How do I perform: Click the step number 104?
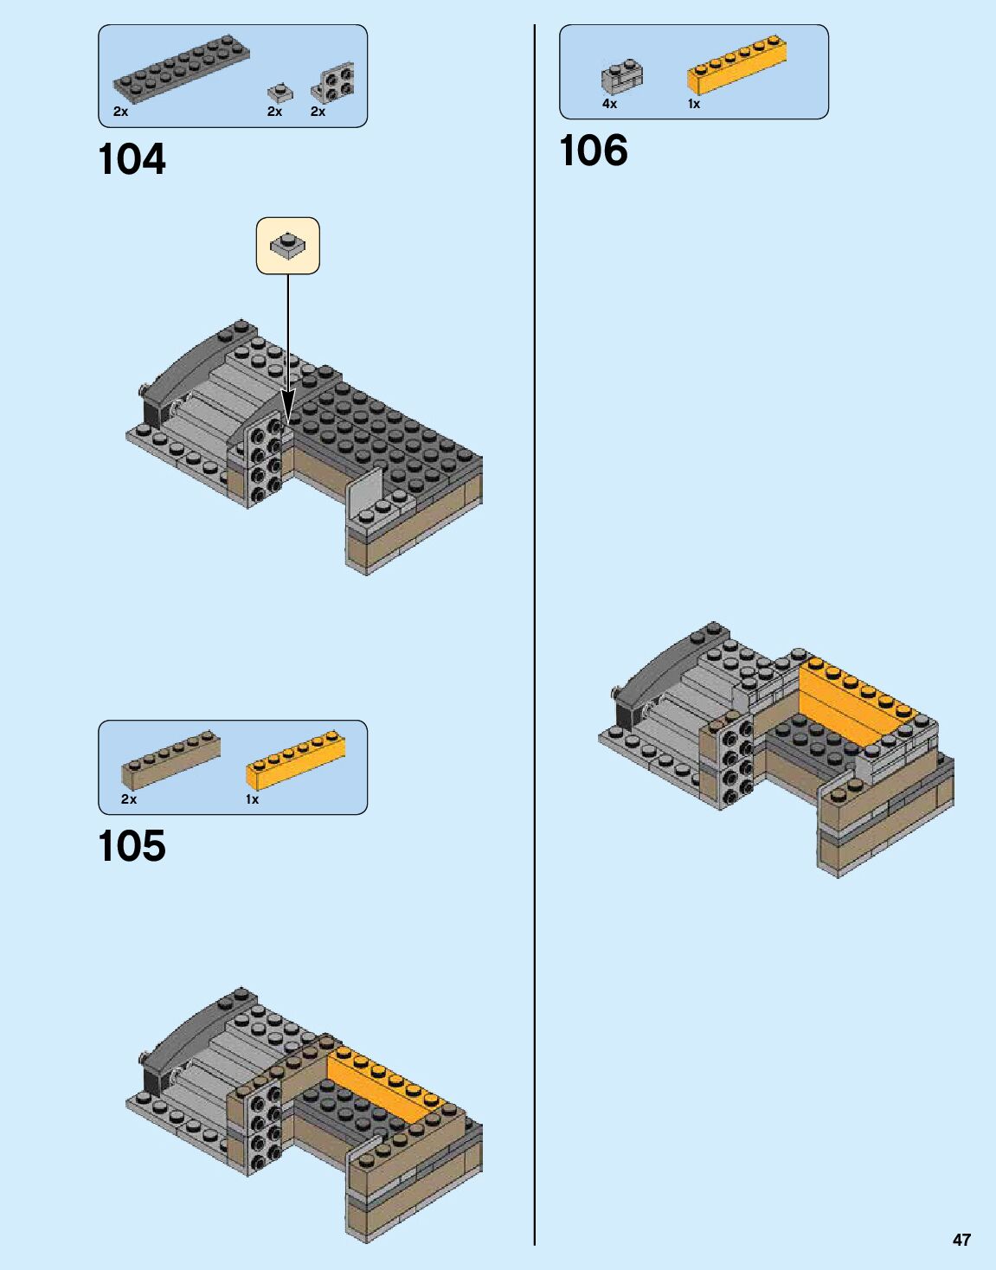point(132,160)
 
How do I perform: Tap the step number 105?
point(132,847)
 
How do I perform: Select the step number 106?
point(594,151)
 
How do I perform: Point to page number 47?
point(961,1240)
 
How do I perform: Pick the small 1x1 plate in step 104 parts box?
point(278,91)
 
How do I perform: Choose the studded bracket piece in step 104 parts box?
point(333,83)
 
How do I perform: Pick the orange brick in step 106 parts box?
point(737,65)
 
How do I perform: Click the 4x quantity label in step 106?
point(610,104)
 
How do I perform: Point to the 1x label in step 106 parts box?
point(694,104)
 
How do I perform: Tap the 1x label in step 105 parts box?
point(253,799)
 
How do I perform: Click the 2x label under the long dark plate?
point(120,112)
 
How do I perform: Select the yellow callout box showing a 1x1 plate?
point(288,246)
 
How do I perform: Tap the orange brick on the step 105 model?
point(385,1082)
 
